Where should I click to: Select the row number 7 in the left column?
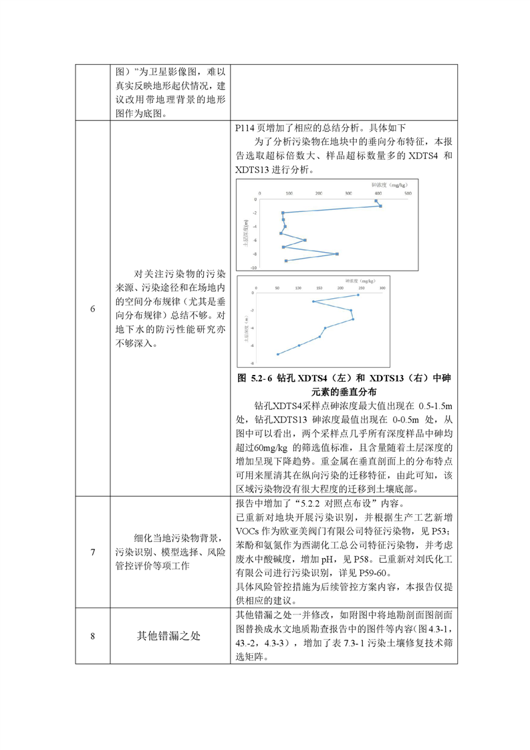[x=93, y=552]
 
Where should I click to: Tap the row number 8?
[x=93, y=636]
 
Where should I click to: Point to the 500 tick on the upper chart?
[x=407, y=193]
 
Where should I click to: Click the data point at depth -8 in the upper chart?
[x=337, y=254]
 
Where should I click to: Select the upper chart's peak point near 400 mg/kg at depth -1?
[x=380, y=206]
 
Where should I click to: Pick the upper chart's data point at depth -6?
[x=305, y=240]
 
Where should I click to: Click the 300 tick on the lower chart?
[x=382, y=287]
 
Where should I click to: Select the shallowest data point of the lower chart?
[x=358, y=295]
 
